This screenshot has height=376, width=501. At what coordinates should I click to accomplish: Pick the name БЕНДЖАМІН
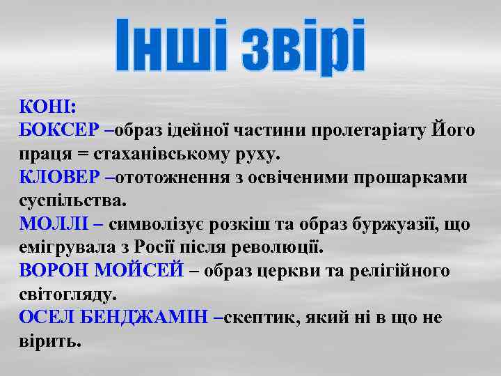click(x=143, y=318)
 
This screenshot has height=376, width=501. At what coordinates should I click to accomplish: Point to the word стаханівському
click(x=158, y=154)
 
